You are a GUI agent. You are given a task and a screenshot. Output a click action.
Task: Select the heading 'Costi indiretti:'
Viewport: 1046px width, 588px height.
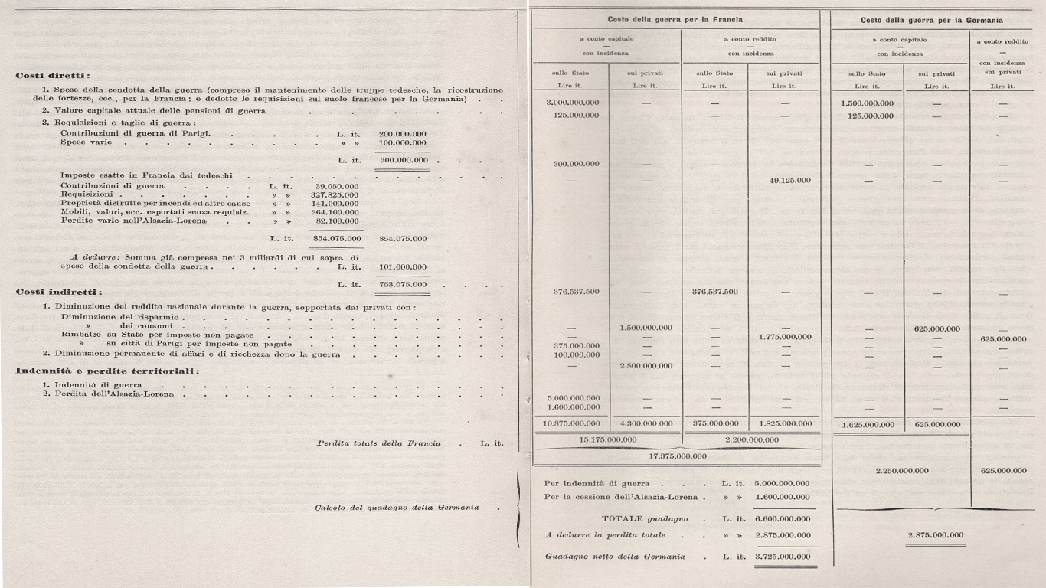click(x=59, y=292)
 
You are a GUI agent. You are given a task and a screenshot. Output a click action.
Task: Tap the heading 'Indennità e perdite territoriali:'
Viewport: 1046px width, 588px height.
click(x=106, y=371)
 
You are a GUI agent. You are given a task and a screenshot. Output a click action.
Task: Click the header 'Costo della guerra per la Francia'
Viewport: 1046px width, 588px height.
click(x=675, y=19)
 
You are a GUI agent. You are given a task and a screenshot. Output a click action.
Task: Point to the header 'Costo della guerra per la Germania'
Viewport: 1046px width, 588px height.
click(x=931, y=20)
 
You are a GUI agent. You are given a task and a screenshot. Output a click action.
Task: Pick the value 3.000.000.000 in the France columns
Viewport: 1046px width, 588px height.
click(x=573, y=103)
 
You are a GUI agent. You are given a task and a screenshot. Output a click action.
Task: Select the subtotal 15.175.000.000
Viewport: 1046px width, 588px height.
click(x=605, y=439)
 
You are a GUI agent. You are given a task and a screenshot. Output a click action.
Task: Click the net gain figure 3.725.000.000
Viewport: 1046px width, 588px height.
click(x=782, y=557)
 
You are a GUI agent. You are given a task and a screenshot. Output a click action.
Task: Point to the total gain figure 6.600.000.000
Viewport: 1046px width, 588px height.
click(x=782, y=518)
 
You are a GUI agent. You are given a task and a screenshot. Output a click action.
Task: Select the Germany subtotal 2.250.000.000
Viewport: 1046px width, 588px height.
click(x=901, y=470)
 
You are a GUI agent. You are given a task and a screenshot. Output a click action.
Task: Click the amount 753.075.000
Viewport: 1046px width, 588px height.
click(x=403, y=284)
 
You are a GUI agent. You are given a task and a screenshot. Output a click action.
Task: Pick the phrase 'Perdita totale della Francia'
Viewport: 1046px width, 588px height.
click(x=378, y=443)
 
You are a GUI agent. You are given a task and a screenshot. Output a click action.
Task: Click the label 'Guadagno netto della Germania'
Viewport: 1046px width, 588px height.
click(x=614, y=557)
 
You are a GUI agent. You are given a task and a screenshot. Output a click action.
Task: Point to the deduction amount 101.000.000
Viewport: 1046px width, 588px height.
click(x=403, y=267)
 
